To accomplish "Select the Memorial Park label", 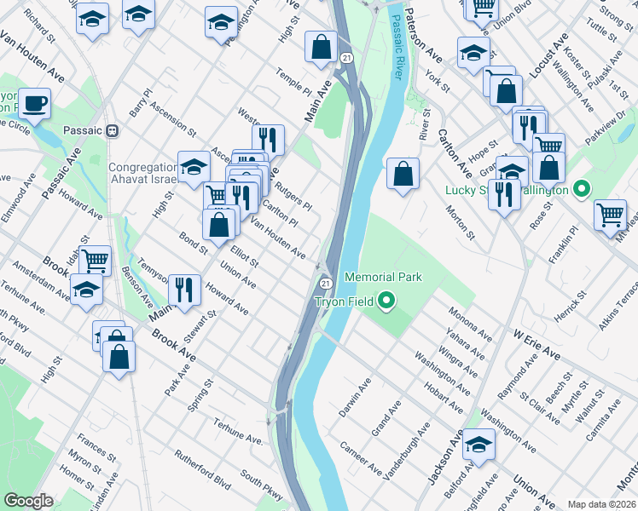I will [383, 277].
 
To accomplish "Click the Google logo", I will [29, 501].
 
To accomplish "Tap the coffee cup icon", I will [35, 105].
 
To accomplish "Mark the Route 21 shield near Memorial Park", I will [325, 283].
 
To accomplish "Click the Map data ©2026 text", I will [601, 504].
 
